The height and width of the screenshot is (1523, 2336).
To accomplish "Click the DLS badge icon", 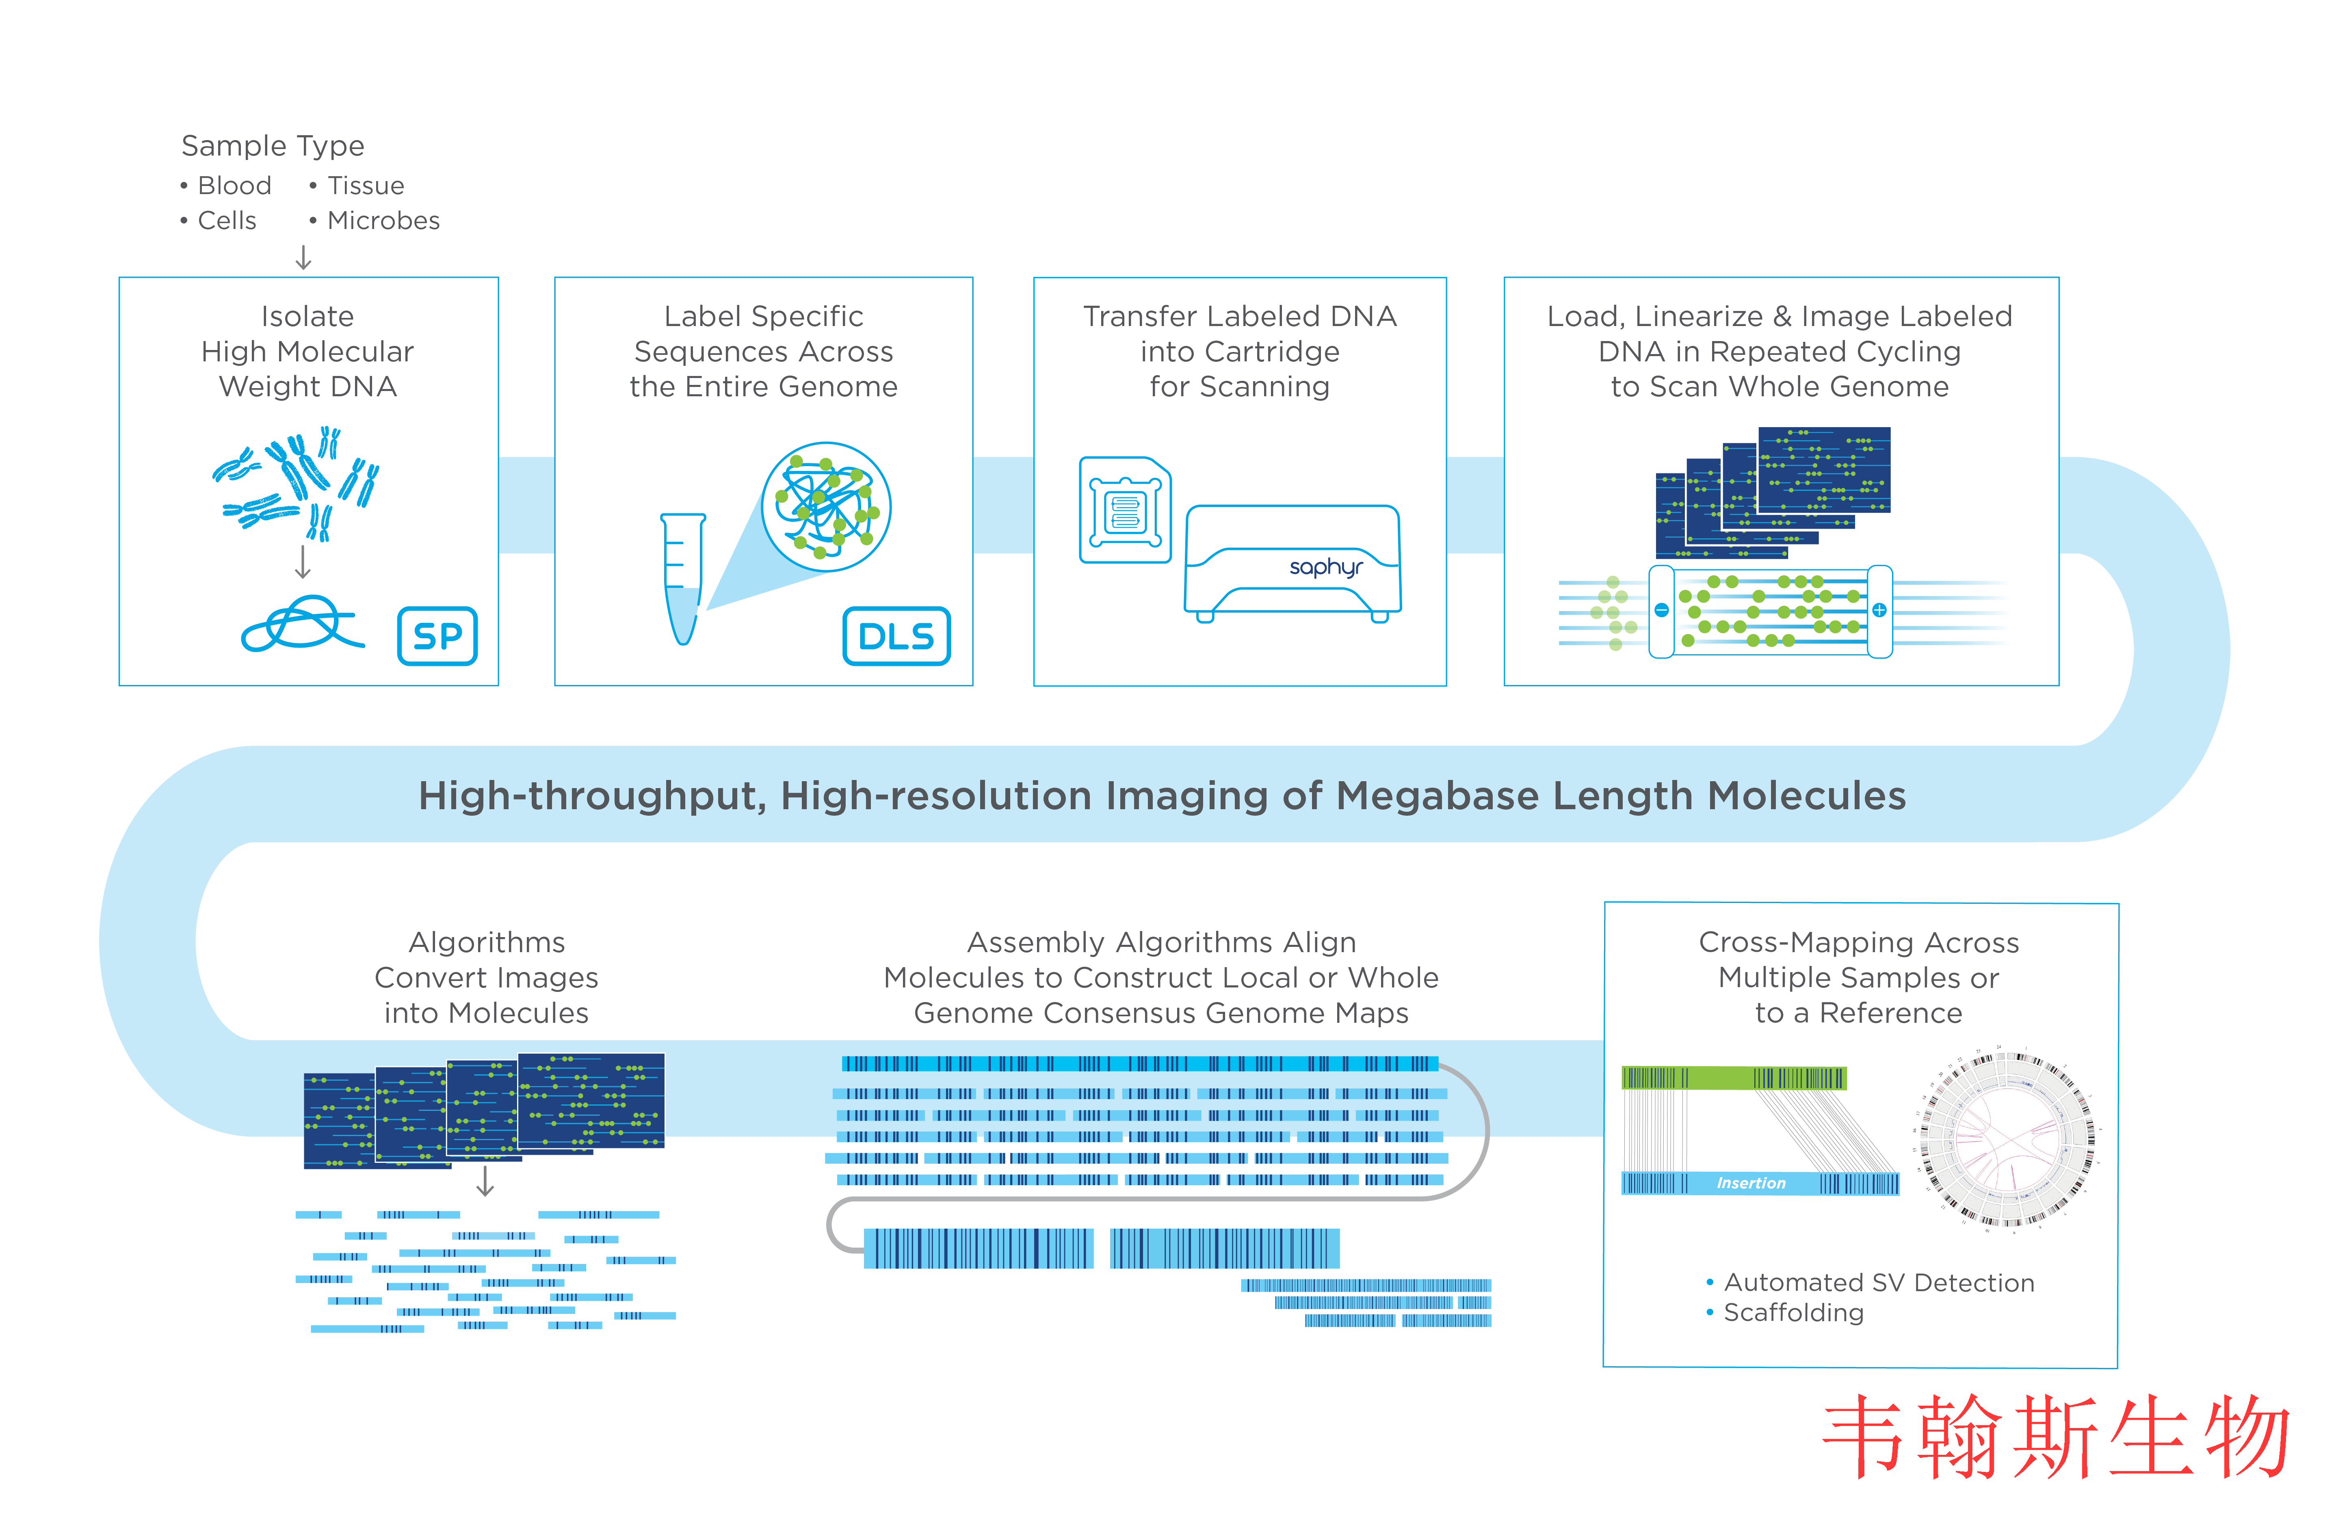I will (x=896, y=636).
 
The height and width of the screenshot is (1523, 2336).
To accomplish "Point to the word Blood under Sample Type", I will (x=235, y=186).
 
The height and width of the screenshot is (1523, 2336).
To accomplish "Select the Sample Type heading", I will (x=273, y=145).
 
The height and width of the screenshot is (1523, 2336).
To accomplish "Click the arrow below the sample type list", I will (x=303, y=257).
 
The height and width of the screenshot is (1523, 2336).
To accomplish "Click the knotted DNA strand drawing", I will (x=302, y=624).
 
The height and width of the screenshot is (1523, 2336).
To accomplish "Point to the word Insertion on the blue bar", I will (x=1751, y=1184).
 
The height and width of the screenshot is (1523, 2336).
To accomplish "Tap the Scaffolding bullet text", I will (x=1793, y=1313).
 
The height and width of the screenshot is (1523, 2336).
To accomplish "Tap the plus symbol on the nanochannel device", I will (x=1879, y=610).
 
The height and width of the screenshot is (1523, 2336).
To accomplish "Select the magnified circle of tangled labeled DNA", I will (x=827, y=506).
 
